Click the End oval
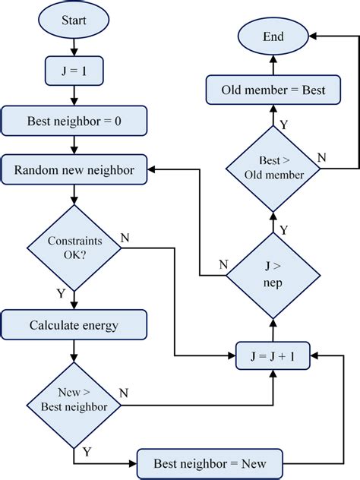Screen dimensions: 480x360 [273, 36]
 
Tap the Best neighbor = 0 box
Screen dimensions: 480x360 [74, 121]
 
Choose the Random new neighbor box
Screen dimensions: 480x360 [74, 170]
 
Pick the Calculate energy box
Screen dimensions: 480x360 [74, 326]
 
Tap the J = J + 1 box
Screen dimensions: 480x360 [273, 355]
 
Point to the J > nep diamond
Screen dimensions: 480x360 [273, 275]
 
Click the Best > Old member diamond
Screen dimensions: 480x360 [273, 168]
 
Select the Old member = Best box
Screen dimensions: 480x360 [273, 90]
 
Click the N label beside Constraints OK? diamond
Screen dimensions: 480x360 [125, 238]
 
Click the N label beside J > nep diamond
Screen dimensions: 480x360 [223, 264]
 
